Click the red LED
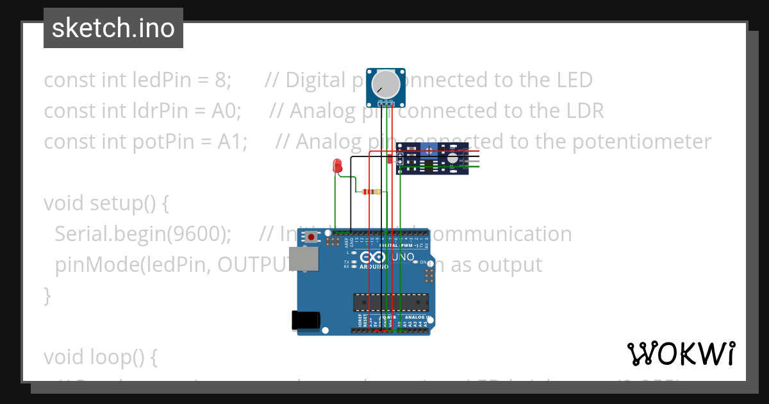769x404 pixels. (x=337, y=166)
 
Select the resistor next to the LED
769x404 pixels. (x=371, y=192)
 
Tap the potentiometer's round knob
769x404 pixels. (x=386, y=83)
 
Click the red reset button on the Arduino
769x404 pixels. (x=311, y=237)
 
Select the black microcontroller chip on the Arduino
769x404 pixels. (x=391, y=301)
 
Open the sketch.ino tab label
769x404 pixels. (x=113, y=28)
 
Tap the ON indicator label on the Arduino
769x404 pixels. (x=423, y=262)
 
